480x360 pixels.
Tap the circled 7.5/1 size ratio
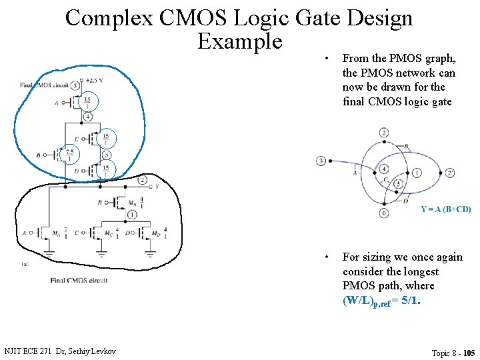point(69,155)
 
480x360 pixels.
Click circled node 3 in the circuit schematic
point(75,85)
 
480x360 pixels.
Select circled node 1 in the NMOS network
point(132,215)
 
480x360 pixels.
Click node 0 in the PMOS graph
point(384,213)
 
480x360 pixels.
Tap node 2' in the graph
point(451,173)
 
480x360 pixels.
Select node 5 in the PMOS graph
point(397,183)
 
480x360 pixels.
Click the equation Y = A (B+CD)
point(445,209)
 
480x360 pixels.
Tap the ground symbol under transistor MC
point(102,253)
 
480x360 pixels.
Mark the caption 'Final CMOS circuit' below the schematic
point(79,280)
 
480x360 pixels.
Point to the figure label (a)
point(25,264)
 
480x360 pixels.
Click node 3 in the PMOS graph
point(321,161)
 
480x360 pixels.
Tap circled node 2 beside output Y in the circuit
point(142,180)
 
